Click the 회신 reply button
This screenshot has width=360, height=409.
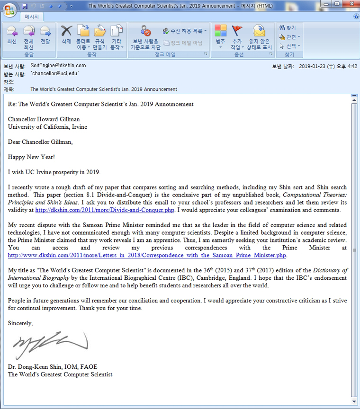click(12, 35)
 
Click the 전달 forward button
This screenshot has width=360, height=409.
click(45, 35)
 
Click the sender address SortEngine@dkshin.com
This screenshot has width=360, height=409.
click(58, 66)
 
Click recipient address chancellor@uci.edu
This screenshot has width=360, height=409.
click(55, 74)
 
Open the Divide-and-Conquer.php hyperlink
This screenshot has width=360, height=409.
click(104, 210)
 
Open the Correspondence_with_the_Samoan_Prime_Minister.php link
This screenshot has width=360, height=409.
click(147, 255)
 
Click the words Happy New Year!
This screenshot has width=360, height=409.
click(31, 157)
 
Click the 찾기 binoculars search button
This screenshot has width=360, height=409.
click(288, 28)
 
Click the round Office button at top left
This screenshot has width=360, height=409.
click(9, 9)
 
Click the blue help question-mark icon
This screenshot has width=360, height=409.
click(356, 17)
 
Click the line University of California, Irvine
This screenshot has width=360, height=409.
click(47, 127)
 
